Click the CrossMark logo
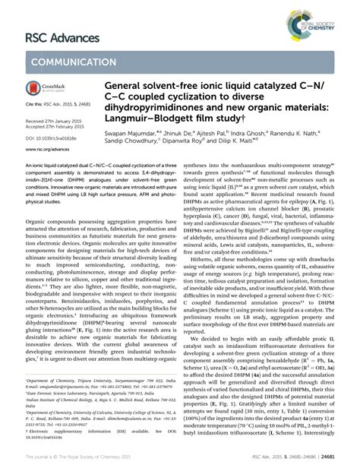click(x=43, y=90)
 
